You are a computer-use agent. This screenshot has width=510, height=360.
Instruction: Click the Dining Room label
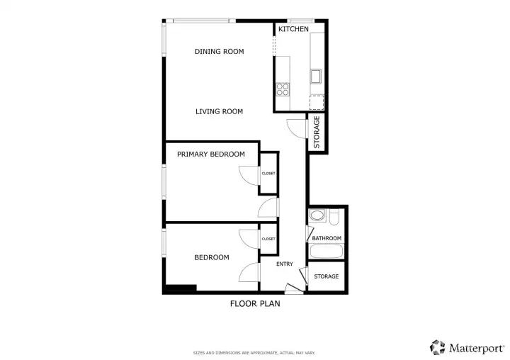tap(219, 52)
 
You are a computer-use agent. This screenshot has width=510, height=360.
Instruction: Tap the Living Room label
tap(219, 111)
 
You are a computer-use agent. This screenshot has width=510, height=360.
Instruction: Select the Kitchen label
tap(293, 29)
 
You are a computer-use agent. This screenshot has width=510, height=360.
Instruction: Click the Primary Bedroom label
tap(211, 154)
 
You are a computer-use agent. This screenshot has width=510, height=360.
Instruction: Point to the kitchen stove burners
tap(283, 89)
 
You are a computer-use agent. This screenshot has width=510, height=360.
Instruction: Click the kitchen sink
tap(315, 77)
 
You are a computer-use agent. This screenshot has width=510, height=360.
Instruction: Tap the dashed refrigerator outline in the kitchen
tap(317, 103)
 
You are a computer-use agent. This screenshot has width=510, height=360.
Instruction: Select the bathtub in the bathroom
tap(326, 252)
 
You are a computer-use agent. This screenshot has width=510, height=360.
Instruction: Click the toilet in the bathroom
tap(334, 217)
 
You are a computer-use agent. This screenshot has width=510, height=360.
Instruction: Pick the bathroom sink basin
tap(317, 215)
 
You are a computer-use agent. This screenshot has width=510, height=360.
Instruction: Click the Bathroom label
tap(327, 238)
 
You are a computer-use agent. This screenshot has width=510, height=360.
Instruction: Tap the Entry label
tap(285, 264)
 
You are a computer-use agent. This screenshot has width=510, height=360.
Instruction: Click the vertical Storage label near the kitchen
tap(317, 132)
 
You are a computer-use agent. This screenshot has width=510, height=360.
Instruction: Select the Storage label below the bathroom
tap(327, 276)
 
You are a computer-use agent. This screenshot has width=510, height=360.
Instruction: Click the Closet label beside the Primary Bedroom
tap(268, 174)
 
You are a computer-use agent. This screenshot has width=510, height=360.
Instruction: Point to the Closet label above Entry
tap(268, 239)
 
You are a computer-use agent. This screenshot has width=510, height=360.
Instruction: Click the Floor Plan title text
tap(255, 304)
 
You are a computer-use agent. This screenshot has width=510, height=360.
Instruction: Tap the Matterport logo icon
tap(438, 348)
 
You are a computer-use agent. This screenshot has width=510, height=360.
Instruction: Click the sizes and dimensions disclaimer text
tap(254, 353)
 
